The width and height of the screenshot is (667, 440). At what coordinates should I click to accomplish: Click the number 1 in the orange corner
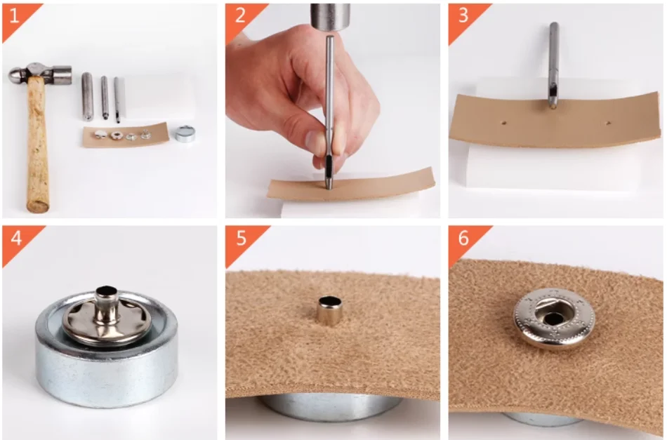click(14, 16)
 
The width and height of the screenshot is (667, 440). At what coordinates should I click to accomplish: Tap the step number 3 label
click(463, 15)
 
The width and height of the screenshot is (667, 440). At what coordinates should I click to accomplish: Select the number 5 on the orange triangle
click(242, 238)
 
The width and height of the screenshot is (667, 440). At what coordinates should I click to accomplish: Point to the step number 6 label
click(463, 238)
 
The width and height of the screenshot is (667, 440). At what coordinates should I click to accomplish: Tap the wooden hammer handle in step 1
click(37, 145)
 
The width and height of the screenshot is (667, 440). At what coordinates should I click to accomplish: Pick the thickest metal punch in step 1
click(87, 97)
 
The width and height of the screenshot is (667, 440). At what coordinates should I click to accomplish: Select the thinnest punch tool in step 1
click(117, 100)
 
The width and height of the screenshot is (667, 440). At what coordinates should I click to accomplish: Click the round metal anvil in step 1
click(185, 133)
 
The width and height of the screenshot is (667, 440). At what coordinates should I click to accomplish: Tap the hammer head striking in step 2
click(330, 17)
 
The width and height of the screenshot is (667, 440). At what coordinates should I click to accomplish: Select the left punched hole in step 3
click(503, 123)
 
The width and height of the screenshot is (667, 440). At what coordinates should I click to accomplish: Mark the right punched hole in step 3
click(608, 124)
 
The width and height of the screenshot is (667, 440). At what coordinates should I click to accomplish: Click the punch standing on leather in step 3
click(553, 65)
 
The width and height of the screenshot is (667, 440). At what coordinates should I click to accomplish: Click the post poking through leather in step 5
click(330, 310)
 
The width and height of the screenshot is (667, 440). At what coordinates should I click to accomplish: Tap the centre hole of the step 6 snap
click(553, 318)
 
